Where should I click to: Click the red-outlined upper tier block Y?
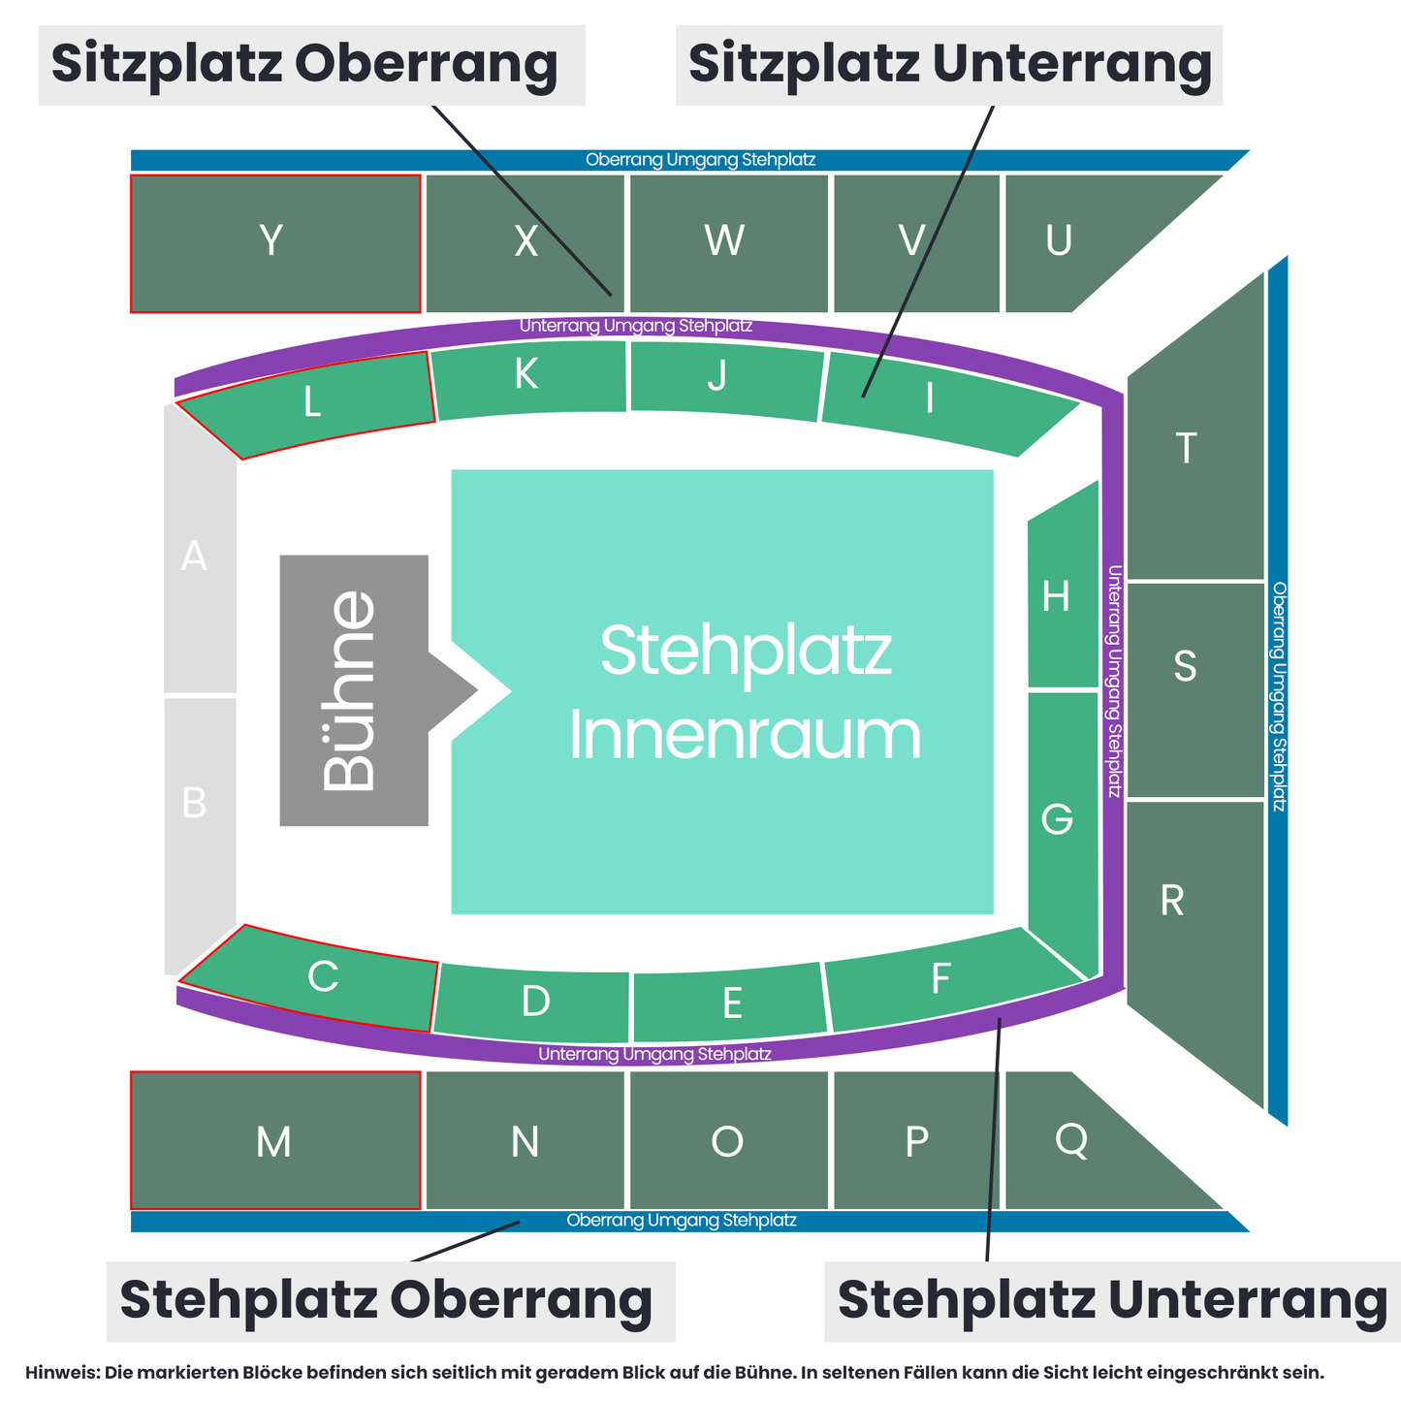tap(275, 243)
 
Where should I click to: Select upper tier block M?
tap(275, 1140)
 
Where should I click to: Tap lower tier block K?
tap(528, 379)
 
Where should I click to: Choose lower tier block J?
tap(725, 380)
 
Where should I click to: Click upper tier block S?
tap(1195, 690)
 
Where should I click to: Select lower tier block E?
tap(729, 1003)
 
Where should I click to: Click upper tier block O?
tap(728, 1140)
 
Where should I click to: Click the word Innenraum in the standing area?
tap(745, 736)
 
